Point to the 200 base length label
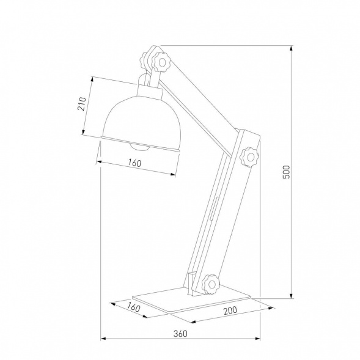pos(230,310)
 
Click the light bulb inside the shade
pos(139,146)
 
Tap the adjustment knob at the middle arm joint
pos(251,155)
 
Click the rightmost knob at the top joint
pos(162,61)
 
